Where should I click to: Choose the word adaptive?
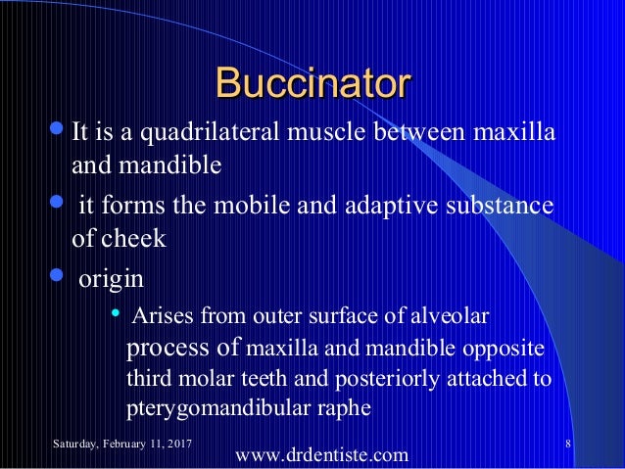[x=375, y=208]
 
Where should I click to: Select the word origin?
[x=111, y=279]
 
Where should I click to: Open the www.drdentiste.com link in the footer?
[x=324, y=454]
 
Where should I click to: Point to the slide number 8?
[x=569, y=446]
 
